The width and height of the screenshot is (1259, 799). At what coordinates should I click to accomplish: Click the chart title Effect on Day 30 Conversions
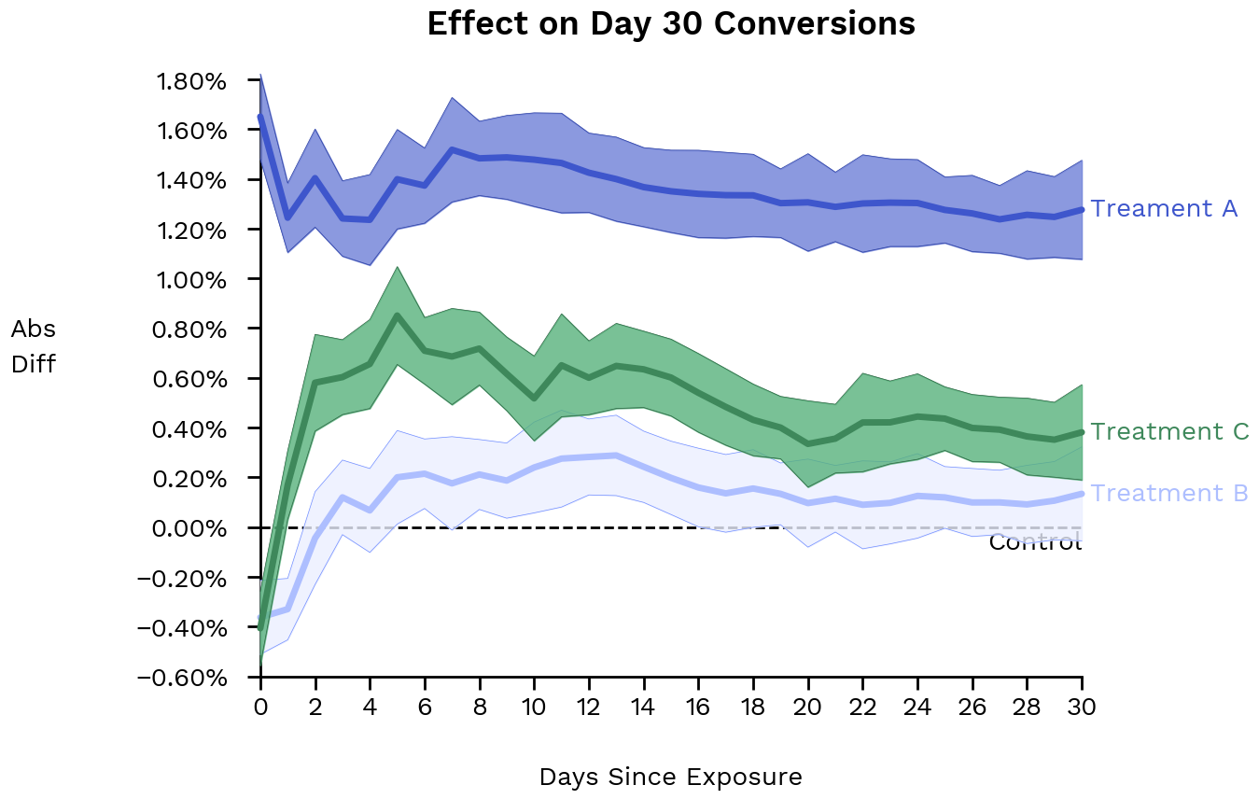point(671,23)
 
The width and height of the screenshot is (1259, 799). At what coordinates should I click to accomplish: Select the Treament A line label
point(1164,208)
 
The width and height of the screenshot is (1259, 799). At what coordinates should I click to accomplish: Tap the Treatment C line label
point(1169,431)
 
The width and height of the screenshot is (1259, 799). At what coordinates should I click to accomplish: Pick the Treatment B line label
point(1169,493)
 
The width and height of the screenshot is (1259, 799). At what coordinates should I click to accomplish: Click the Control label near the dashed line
point(1034,542)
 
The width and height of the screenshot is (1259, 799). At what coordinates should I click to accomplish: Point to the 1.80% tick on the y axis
point(192,81)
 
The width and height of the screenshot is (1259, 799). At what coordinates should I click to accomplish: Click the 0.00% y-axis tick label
point(192,528)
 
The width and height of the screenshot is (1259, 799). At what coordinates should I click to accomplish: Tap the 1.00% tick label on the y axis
point(192,280)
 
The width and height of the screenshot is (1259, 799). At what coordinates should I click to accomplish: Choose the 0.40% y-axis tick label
point(192,429)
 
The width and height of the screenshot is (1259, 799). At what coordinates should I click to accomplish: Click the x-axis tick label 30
point(1083,707)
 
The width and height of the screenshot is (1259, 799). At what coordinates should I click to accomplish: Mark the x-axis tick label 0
point(260,707)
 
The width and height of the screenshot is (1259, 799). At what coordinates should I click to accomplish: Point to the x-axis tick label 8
point(480,707)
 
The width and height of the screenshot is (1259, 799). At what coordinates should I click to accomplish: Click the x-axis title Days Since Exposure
point(670,777)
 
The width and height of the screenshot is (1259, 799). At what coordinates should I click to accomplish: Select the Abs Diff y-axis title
point(34,346)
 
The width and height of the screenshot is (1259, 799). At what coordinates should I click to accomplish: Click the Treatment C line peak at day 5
point(398,315)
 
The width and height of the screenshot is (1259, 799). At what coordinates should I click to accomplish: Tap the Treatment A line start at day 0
point(260,117)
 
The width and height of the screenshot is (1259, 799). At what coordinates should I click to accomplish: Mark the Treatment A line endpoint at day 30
point(1083,210)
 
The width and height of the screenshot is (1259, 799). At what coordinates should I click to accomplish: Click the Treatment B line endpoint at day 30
point(1083,494)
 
